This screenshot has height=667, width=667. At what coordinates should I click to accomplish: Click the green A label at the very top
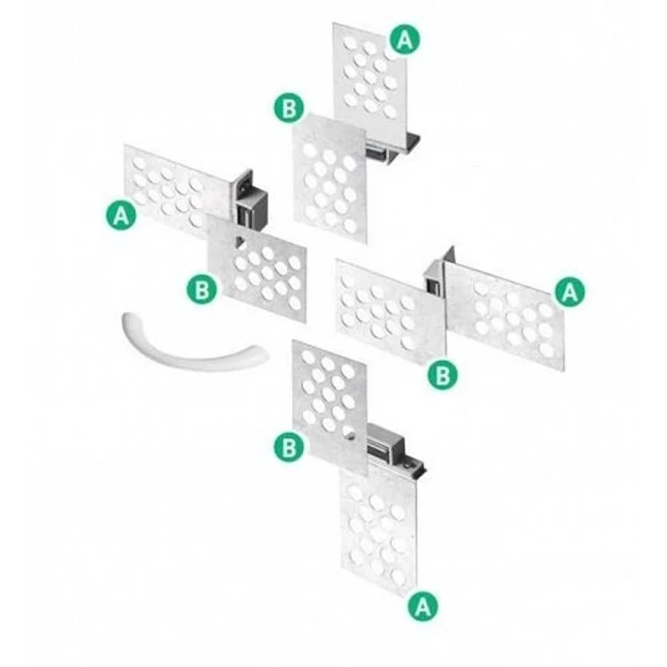click(405, 39)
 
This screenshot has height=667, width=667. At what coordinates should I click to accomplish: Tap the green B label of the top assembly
click(289, 107)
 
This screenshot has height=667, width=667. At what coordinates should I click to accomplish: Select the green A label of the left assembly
click(122, 216)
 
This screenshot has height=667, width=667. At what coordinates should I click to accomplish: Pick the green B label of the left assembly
click(202, 290)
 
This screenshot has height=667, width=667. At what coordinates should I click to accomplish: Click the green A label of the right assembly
click(570, 291)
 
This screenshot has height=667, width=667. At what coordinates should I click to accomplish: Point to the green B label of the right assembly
click(443, 375)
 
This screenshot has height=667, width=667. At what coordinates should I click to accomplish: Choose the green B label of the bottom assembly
click(289, 447)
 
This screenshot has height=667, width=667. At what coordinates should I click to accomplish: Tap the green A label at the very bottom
click(422, 605)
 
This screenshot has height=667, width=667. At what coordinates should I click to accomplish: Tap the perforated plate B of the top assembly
click(330, 179)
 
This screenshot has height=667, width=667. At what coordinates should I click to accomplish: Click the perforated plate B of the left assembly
click(256, 268)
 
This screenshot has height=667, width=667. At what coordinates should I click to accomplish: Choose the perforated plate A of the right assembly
click(505, 316)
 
